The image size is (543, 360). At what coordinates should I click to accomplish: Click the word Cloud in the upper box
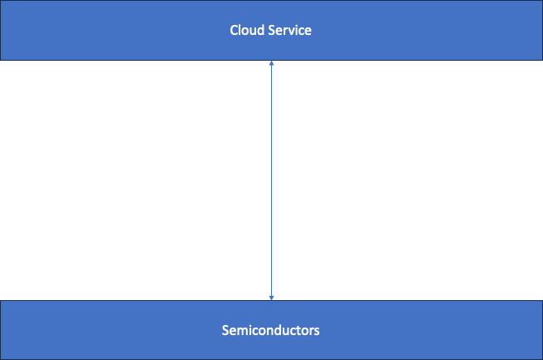(x=246, y=31)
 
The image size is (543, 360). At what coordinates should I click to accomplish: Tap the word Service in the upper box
(x=289, y=31)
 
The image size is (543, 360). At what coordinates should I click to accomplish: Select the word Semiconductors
(x=271, y=331)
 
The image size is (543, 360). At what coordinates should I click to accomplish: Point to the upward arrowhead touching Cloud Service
(x=271, y=63)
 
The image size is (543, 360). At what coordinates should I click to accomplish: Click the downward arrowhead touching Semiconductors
(x=271, y=297)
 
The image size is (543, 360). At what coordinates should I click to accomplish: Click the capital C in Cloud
(x=234, y=31)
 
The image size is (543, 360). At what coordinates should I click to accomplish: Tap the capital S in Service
(x=270, y=31)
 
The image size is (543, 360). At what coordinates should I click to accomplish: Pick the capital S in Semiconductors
(x=225, y=331)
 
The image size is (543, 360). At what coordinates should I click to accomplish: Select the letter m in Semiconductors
(x=240, y=331)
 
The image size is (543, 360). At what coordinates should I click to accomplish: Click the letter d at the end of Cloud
(x=259, y=31)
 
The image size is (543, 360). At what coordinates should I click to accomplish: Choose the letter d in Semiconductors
(x=278, y=331)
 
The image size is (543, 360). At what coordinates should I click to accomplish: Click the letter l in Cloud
(x=240, y=31)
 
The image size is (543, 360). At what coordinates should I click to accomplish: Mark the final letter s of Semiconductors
(x=317, y=331)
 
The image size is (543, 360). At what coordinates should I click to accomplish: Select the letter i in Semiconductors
(x=248, y=331)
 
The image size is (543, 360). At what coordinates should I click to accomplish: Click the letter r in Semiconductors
(x=311, y=331)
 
